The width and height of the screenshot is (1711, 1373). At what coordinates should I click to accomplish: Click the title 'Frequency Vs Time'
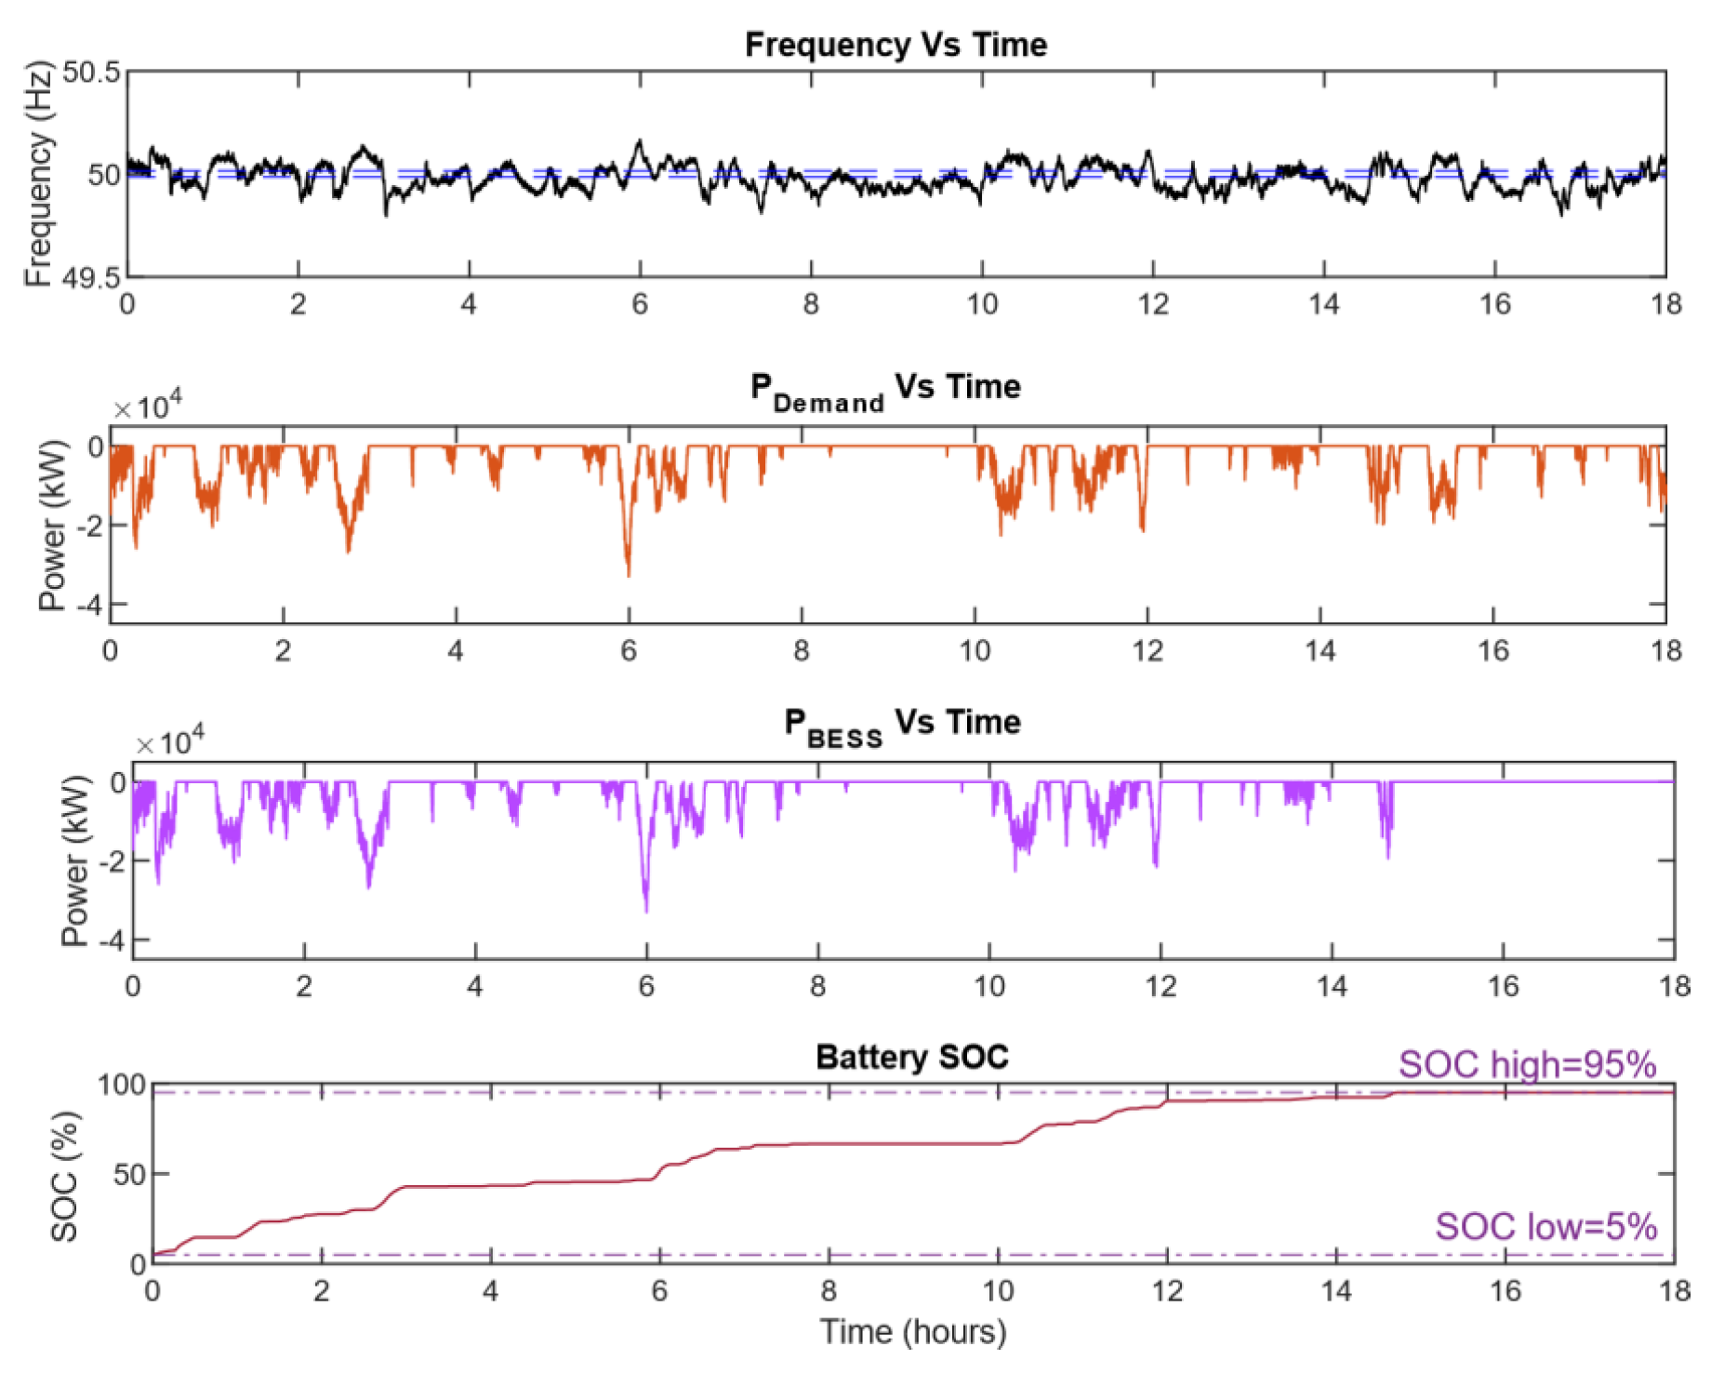click(895, 45)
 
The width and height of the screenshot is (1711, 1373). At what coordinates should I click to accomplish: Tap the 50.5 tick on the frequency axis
click(92, 73)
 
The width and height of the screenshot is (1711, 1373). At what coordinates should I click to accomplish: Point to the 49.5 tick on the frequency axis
click(92, 277)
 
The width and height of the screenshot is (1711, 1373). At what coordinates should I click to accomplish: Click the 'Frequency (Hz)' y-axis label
click(38, 175)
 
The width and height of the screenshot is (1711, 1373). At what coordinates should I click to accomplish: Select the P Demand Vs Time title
click(884, 389)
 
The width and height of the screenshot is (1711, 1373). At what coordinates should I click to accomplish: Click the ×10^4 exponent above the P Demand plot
click(148, 407)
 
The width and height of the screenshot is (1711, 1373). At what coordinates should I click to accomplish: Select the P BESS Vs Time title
click(901, 725)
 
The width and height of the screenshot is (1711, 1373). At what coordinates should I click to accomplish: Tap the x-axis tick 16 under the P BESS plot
click(1503, 986)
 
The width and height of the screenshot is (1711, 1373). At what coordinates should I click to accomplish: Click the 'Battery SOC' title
click(911, 1058)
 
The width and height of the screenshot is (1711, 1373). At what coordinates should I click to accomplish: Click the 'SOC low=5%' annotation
click(1545, 1227)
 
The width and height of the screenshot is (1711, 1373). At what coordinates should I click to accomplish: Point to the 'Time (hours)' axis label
click(912, 1332)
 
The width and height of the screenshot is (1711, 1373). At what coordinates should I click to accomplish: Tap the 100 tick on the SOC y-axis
click(122, 1085)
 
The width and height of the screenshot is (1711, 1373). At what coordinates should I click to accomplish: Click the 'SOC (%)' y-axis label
click(64, 1177)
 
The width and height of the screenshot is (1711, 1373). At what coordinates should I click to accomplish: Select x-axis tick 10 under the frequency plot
click(982, 304)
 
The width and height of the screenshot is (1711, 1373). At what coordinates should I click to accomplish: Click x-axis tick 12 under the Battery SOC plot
click(1167, 1291)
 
